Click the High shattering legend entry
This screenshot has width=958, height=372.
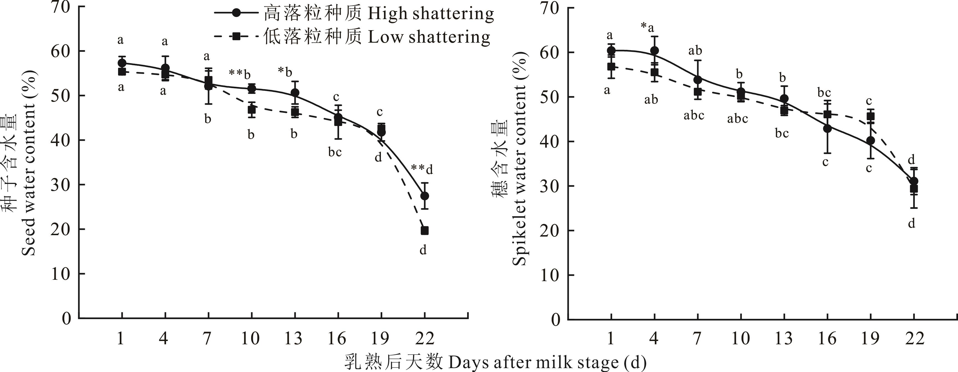(x=353, y=14)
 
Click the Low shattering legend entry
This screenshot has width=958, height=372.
(x=351, y=37)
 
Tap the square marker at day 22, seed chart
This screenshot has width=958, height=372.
(x=424, y=230)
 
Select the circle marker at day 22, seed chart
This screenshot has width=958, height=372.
(x=424, y=196)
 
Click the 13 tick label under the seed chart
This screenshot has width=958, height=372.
(x=294, y=338)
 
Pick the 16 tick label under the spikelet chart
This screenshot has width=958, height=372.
(x=827, y=338)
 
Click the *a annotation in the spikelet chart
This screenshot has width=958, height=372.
(x=648, y=27)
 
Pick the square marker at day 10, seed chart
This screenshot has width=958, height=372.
(x=252, y=110)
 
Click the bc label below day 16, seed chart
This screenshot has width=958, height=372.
(x=335, y=152)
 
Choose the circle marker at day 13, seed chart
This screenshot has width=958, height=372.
(x=295, y=93)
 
